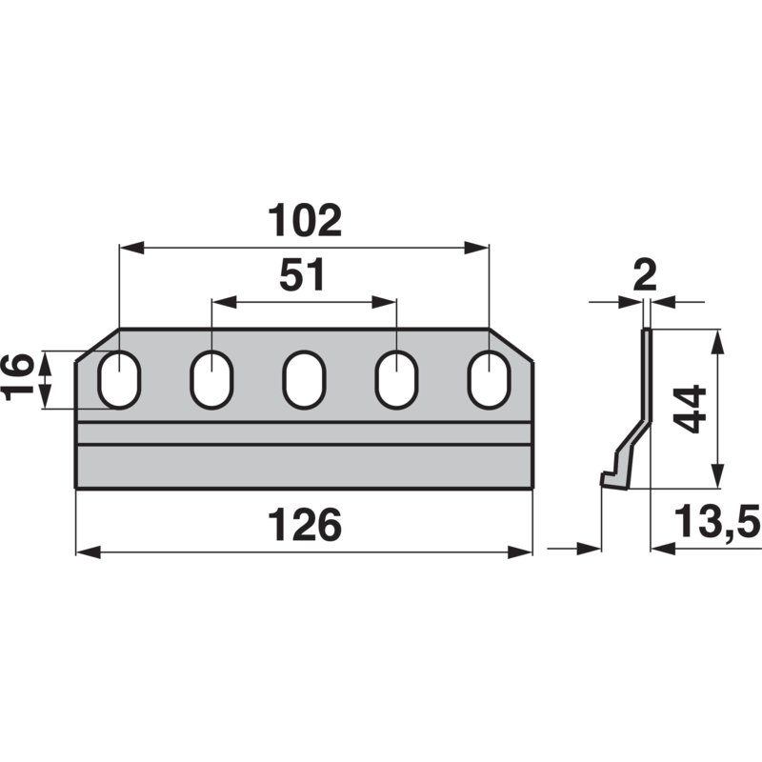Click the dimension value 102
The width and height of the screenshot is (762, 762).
pos(305,221)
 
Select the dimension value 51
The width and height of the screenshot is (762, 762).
pos(302,275)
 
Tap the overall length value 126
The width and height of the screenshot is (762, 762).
pos(305,525)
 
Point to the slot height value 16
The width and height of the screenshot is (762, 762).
pos(18,377)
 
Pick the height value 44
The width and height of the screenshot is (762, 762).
pos(692,410)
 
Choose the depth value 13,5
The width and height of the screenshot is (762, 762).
pos(717,522)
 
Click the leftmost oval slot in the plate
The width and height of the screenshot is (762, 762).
pos(120,379)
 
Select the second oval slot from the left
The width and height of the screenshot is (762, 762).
pos(211,379)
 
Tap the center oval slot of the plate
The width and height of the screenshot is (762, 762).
pos(304,379)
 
